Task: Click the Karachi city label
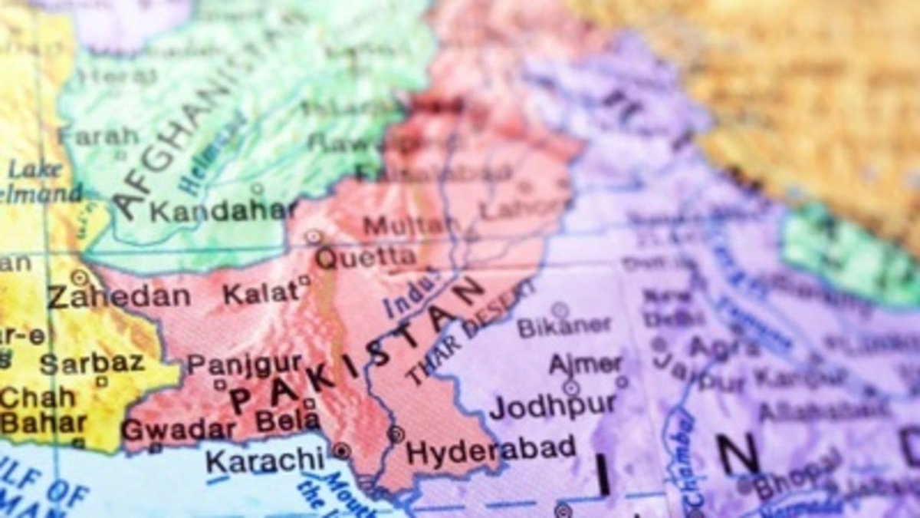point(264,461)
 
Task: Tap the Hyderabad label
point(491,450)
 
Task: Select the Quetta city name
point(366,258)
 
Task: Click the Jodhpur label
point(553,405)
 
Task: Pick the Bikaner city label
point(564,326)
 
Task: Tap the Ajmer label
point(586,365)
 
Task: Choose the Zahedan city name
point(118,296)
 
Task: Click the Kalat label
point(260,292)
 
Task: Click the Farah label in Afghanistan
point(99,136)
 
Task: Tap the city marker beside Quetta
point(314,237)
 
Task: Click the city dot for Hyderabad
point(396,434)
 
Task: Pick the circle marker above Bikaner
point(560,308)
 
